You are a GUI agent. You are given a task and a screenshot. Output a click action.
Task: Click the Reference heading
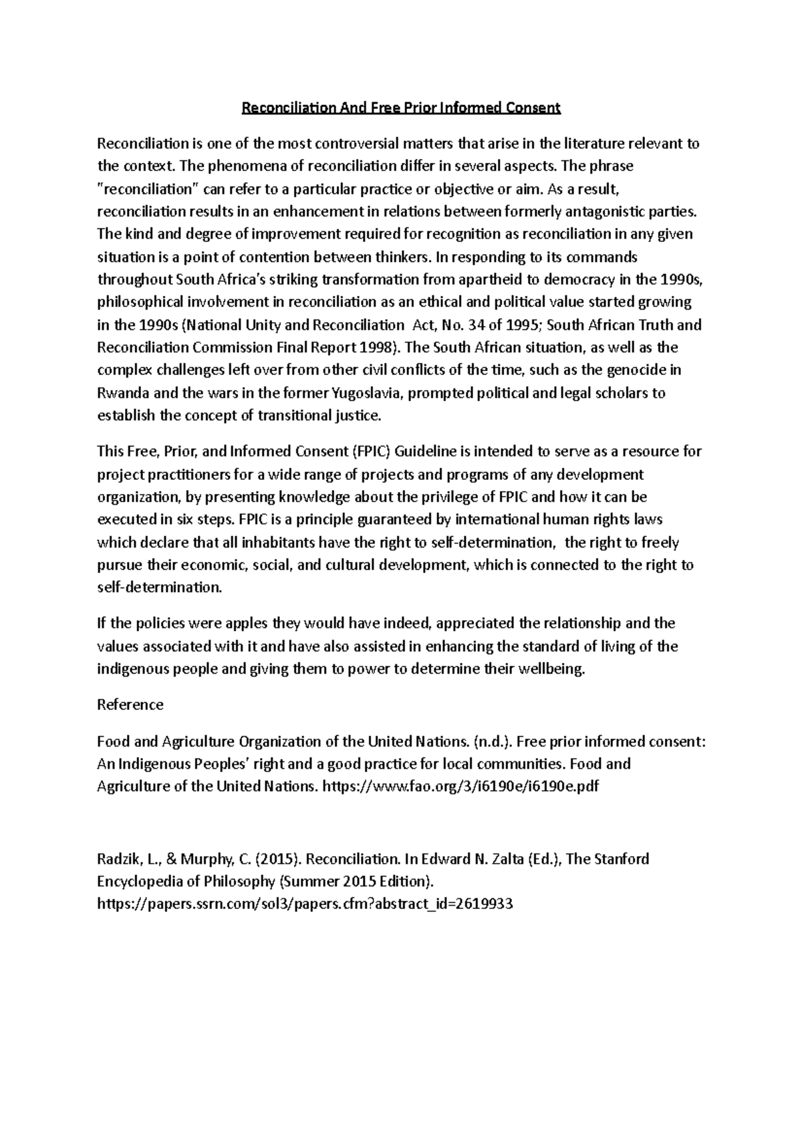click(130, 705)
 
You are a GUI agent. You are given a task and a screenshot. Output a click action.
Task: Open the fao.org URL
click(460, 787)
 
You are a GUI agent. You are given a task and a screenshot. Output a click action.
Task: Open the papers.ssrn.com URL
click(305, 904)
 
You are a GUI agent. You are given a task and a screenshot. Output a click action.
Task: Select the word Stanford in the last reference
click(621, 859)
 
